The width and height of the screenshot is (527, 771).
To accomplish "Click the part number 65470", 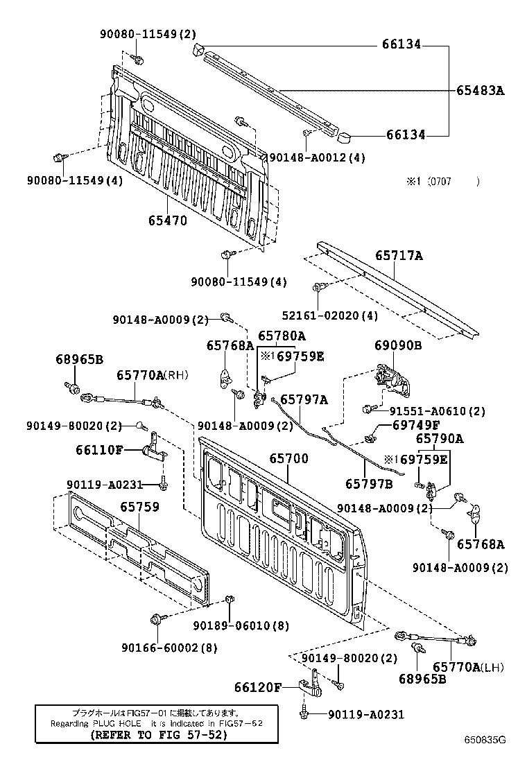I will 167,220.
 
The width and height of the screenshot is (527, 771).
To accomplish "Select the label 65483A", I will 480,89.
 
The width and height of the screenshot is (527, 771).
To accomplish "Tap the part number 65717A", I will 399,256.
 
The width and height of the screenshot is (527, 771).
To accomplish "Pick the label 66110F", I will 99,449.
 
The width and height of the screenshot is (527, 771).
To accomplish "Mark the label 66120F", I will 257,687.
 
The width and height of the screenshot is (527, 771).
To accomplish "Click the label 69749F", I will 416,425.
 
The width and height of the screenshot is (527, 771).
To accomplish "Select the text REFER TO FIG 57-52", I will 159,735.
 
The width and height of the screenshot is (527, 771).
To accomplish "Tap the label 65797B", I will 369,483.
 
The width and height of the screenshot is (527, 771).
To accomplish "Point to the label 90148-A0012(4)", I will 317,158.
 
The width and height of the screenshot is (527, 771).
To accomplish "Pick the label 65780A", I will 282,336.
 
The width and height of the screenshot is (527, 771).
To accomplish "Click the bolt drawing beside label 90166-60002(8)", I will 155,618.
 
